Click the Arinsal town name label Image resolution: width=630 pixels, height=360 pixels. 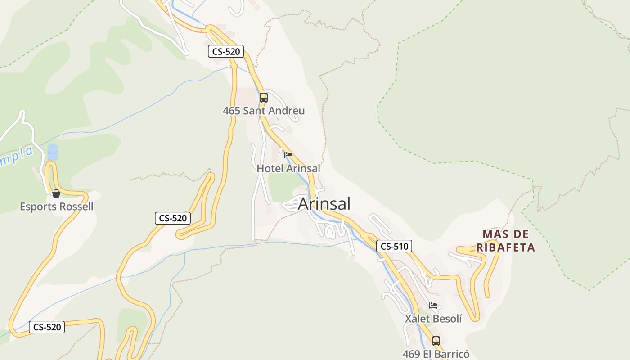(x=324, y=204)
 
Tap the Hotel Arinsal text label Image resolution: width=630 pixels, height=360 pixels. (x=288, y=169)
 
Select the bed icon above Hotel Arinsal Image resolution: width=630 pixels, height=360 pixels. (x=288, y=155)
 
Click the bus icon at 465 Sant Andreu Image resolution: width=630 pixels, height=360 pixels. (x=263, y=97)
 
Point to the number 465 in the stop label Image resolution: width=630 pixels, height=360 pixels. (x=231, y=111)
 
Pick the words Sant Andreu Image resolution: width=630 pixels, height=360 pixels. (x=274, y=111)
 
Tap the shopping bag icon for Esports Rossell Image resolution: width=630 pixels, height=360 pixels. (x=56, y=193)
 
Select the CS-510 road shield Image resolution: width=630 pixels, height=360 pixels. (x=394, y=246)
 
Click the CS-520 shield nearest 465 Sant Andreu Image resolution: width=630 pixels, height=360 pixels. (x=226, y=52)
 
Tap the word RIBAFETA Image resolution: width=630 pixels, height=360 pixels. (x=506, y=247)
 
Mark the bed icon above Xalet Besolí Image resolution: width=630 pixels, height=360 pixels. (x=433, y=305)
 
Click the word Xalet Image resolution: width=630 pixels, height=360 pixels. (x=418, y=319)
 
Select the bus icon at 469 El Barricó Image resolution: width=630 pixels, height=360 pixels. (x=436, y=341)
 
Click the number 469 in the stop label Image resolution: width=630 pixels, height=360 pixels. (x=411, y=354)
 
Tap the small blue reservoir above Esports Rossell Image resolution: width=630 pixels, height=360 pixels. (x=53, y=152)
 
